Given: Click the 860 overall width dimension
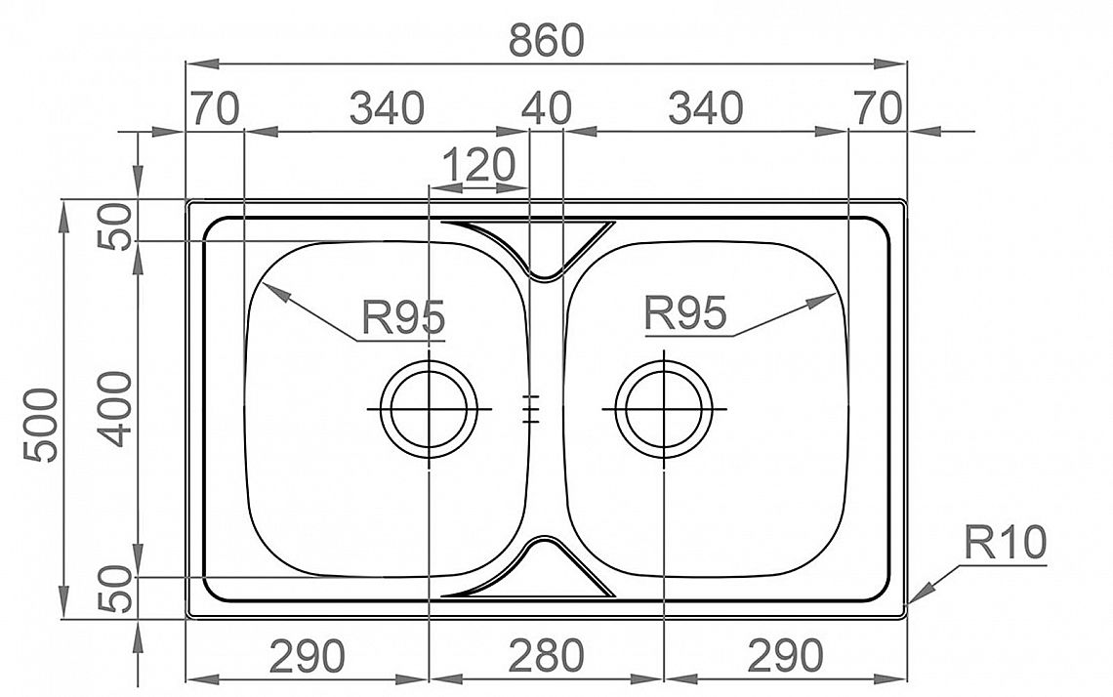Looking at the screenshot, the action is pos(546,40).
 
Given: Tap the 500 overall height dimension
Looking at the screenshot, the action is pos(40,426).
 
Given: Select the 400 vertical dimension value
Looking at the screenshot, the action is pos(114,409).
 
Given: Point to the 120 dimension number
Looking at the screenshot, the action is pos(478,165).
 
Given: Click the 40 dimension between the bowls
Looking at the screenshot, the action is pos(546,108).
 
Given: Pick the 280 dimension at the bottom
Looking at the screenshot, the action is pos(547,656).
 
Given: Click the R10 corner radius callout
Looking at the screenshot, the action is pos(1005,543).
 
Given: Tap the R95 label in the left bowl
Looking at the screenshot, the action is pos(403,316).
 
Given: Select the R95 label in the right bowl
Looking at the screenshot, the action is pos(685,312).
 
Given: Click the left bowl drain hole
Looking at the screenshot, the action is pos(429,410).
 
